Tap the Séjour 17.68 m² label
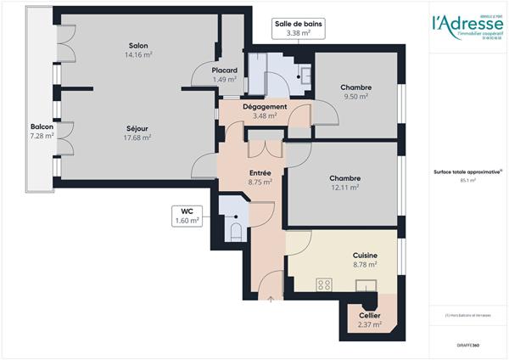[137, 132]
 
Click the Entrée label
[260, 177]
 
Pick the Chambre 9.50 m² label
[355, 92]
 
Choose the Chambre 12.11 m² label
[345, 183]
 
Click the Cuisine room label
[365, 260]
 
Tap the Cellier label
[369, 318]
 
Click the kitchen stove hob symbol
[323, 284]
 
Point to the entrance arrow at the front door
[271, 297]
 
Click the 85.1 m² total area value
[467, 180]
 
